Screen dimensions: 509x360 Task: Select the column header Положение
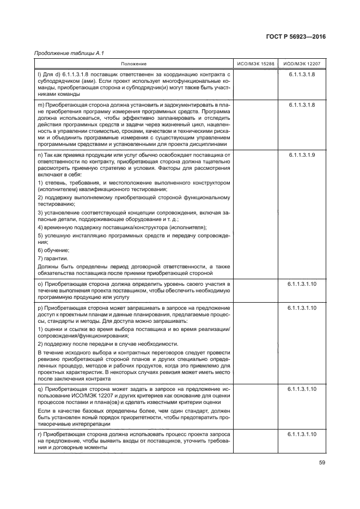[134, 64]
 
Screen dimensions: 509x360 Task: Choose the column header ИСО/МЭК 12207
[302, 64]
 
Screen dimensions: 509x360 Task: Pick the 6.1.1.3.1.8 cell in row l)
[302, 73]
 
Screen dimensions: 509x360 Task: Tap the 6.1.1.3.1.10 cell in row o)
[302, 284]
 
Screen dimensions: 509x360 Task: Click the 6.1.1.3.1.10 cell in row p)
[302, 308]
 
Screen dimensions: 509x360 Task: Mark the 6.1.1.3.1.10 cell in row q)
[302, 390]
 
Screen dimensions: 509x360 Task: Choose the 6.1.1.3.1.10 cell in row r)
[302, 434]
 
